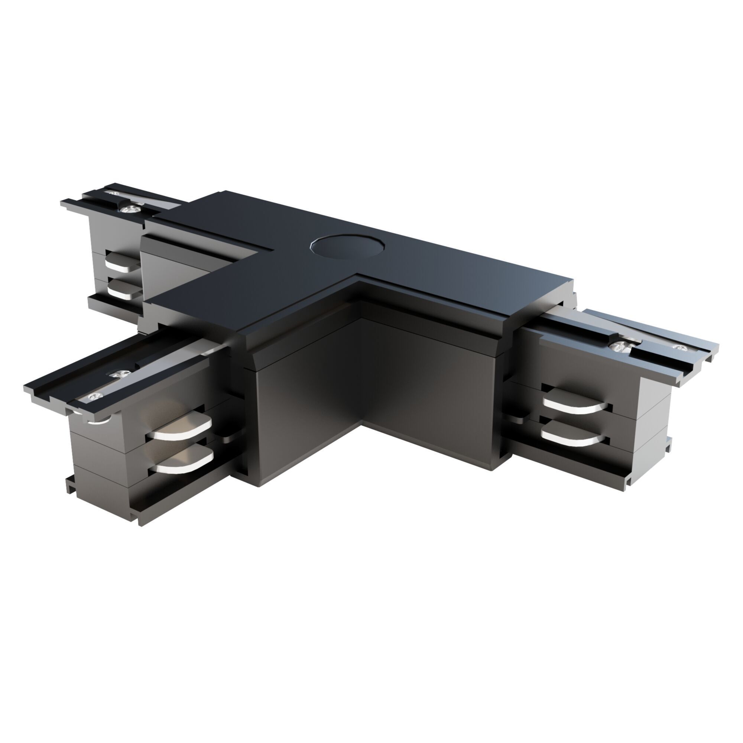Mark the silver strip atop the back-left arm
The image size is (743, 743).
[162, 208]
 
